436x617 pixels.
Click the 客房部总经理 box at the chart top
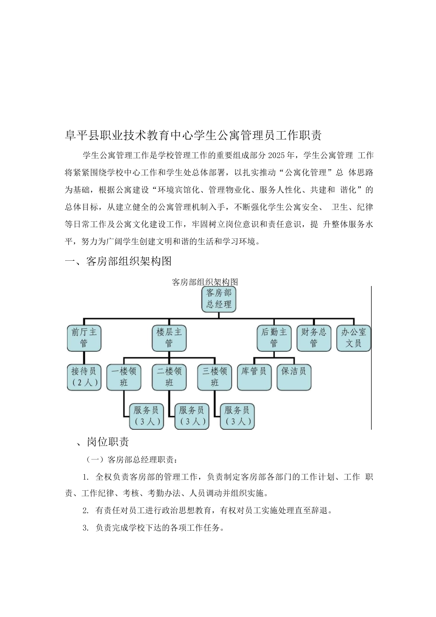219,299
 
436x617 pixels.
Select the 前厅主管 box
84,338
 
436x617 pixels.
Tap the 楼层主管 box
169,338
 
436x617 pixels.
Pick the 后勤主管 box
274,338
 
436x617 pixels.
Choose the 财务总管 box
314,338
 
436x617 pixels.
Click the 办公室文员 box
353,338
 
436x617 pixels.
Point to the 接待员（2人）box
84,377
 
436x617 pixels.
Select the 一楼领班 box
124,377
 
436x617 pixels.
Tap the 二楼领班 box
169,377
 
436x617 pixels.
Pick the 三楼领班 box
215,377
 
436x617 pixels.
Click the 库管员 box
254,377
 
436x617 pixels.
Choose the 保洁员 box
294,377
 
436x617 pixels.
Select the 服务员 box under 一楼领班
146,416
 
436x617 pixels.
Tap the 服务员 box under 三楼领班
237,416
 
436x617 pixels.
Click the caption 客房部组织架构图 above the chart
205,282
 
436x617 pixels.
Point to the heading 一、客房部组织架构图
118,261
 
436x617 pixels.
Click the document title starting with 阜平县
193,135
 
